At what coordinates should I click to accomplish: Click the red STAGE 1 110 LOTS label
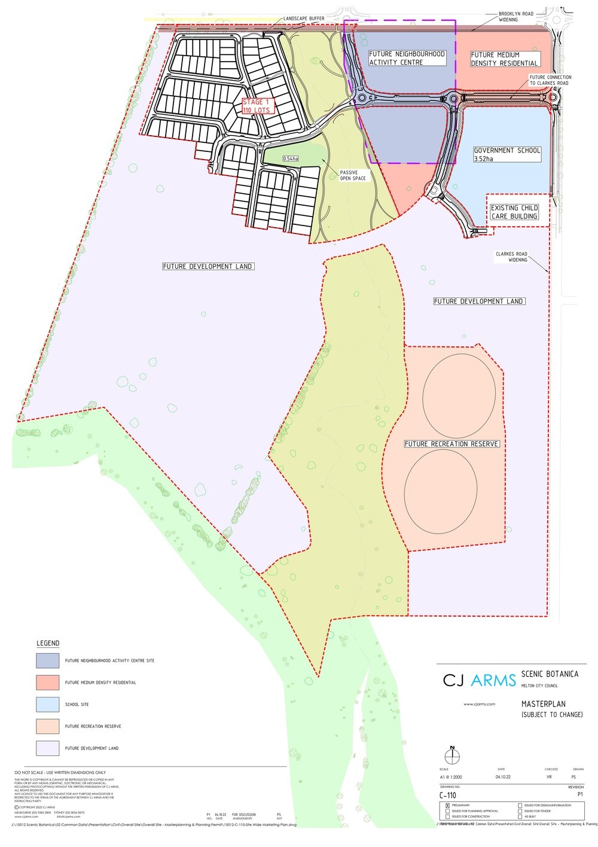[257, 106]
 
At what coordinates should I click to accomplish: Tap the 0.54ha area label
[291, 159]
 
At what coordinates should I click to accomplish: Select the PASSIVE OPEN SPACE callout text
[353, 175]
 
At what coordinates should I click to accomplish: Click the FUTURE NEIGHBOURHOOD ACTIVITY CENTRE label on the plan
[407, 58]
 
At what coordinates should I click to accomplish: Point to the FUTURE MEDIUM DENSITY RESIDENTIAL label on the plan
[504, 59]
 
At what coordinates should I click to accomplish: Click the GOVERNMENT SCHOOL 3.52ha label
[507, 154]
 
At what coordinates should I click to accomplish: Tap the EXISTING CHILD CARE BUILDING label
[514, 212]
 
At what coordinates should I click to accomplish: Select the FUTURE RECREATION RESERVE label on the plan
[451, 444]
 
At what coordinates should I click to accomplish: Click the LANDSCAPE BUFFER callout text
[304, 19]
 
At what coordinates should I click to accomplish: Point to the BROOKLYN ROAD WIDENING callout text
[516, 17]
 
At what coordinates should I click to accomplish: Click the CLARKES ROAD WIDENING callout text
[511, 257]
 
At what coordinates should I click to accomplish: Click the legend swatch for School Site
[48, 704]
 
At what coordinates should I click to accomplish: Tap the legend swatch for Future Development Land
[48, 748]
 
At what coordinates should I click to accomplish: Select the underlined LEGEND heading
[48, 643]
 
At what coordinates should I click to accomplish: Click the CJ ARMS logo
[479, 680]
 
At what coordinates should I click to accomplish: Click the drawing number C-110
[448, 795]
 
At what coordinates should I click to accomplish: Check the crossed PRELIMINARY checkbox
[448, 806]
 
